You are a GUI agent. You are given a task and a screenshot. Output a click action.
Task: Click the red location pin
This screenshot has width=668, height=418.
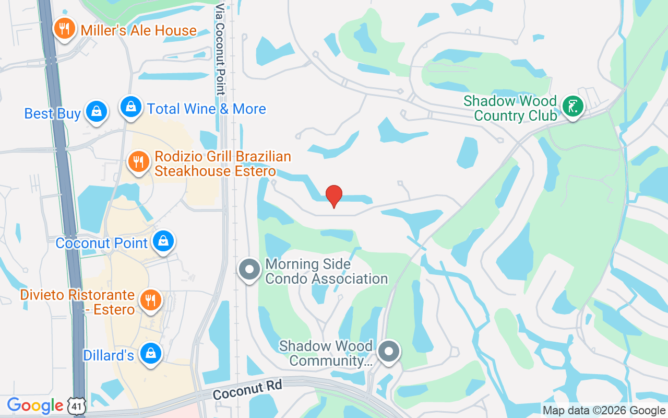coord(334,196)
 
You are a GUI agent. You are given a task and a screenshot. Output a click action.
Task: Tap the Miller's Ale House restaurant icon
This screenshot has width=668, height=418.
coord(64,29)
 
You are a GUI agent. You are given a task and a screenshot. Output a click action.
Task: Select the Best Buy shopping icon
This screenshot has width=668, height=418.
coord(96,111)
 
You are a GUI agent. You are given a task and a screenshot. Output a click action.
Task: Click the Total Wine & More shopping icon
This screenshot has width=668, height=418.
coord(131,107)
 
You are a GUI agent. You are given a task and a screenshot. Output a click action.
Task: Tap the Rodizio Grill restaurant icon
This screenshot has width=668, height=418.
coord(138,162)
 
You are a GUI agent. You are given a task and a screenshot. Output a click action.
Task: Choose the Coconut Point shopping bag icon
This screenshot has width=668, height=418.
coord(164,241)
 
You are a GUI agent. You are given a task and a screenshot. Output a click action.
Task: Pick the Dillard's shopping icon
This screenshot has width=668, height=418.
coord(151,354)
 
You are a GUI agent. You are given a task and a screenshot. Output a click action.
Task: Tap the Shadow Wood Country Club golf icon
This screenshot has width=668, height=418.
coord(572,107)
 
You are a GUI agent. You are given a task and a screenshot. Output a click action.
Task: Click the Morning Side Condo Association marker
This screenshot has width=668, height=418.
coord(249,270)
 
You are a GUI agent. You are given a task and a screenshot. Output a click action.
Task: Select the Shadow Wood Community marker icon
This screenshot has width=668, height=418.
coord(389,352)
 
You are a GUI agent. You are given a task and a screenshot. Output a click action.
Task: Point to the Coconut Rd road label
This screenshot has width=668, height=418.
coord(247,390)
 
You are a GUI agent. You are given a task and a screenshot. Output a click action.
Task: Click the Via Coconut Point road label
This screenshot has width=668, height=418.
coord(220,50)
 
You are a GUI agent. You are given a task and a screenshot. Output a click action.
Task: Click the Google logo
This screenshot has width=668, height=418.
coord(35,405)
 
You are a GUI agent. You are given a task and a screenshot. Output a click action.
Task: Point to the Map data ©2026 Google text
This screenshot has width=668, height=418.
coord(604,411)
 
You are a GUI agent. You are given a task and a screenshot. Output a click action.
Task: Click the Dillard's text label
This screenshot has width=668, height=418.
coord(109,356)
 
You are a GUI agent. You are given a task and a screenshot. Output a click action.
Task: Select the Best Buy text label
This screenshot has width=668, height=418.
coord(53,113)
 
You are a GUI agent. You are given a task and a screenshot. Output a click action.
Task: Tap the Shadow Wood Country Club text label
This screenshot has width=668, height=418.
coord(510,108)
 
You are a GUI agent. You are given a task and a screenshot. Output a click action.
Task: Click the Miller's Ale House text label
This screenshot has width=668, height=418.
coord(138,30)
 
